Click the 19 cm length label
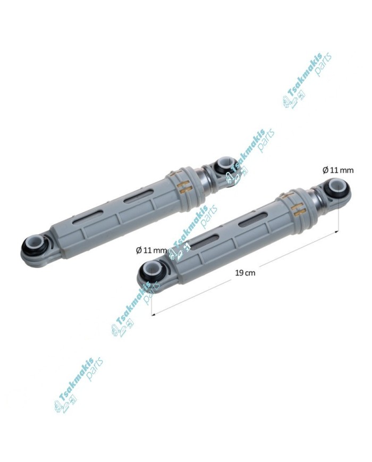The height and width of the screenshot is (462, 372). (x=245, y=273)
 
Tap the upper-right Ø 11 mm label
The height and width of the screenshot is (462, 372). (x=338, y=170)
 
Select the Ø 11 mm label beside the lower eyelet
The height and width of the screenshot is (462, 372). (x=151, y=250)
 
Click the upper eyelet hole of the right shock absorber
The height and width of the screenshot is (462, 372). (x=336, y=186)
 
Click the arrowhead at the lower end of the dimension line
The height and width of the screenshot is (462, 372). (x=153, y=315)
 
